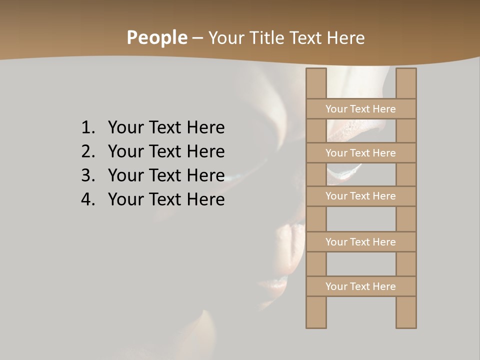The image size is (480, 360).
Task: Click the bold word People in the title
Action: [x=156, y=38]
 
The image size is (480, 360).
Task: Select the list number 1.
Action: [x=87, y=128]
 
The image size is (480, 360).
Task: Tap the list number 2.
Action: [x=87, y=151]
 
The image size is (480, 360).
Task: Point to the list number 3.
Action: [x=87, y=175]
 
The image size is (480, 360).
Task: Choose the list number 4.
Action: [x=87, y=199]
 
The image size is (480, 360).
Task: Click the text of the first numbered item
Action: [x=166, y=128]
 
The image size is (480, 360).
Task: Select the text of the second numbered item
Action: [x=166, y=151]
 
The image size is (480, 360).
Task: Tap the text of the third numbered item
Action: [x=166, y=175]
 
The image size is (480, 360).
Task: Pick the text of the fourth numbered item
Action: [x=166, y=199]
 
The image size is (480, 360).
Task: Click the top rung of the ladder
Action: [x=360, y=109]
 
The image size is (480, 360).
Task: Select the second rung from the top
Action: [x=360, y=153]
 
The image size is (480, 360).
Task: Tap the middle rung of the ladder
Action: [x=360, y=196]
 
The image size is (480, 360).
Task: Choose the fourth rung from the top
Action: [x=360, y=242]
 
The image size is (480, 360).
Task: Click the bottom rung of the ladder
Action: [x=360, y=286]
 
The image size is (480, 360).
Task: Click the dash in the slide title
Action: [x=197, y=38]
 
